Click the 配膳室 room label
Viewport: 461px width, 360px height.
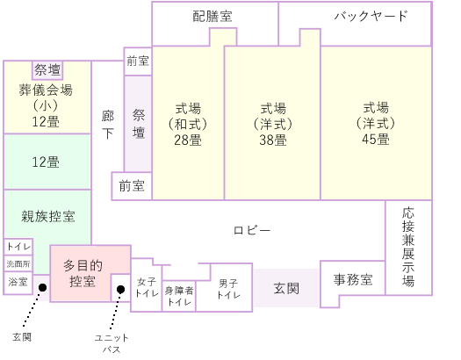(212, 16)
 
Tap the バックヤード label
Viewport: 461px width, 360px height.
(371, 16)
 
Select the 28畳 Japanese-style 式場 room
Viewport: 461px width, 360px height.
(188, 124)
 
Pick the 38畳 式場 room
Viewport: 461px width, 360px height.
(272, 124)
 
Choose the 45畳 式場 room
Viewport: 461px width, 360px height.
(376, 123)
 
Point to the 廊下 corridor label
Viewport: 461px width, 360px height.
(108, 125)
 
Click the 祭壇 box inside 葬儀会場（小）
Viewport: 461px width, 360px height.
(47, 70)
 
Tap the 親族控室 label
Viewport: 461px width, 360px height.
(48, 216)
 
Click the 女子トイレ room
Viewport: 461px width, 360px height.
(147, 285)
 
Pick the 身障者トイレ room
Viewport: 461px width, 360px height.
(179, 296)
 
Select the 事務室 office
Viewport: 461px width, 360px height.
(353, 281)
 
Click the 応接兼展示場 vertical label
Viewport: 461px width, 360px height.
(408, 247)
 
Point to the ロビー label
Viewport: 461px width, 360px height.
(252, 230)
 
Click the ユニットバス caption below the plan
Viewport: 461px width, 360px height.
(112, 343)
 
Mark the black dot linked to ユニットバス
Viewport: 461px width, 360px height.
(120, 290)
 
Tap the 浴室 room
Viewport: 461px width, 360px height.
(18, 283)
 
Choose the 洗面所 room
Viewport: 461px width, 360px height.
(18, 263)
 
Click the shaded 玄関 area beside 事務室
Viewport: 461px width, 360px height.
(286, 288)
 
